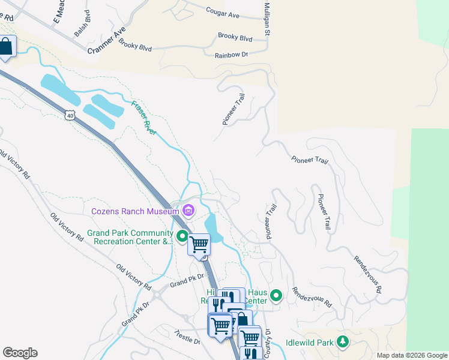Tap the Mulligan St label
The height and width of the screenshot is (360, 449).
point(267,18)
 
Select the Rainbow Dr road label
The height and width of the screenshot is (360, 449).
point(231,55)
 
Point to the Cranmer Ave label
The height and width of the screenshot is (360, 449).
point(107,40)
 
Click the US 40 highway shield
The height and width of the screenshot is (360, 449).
point(71,115)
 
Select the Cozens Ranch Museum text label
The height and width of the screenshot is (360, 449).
point(135,211)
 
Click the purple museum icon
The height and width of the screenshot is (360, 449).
point(189,211)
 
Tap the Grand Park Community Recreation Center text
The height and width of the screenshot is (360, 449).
point(129,237)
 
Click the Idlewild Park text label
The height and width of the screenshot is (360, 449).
point(309,342)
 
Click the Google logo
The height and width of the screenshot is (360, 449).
point(20,353)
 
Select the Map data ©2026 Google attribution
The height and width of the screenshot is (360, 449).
point(411,355)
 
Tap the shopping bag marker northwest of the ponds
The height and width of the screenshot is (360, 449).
point(6,47)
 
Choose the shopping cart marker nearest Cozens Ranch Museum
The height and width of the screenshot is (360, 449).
point(199,244)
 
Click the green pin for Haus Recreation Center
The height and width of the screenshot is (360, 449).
point(276,295)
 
